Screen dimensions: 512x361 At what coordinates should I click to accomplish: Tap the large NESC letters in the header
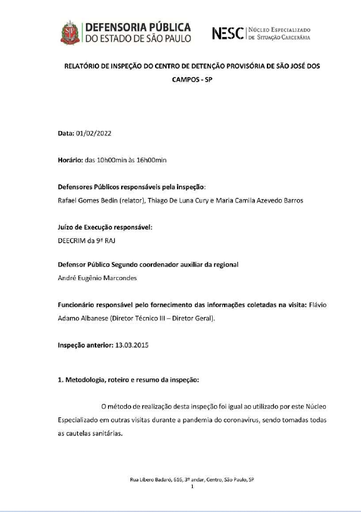(x=230, y=32)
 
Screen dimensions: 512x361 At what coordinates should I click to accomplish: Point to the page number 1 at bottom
(x=192, y=486)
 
